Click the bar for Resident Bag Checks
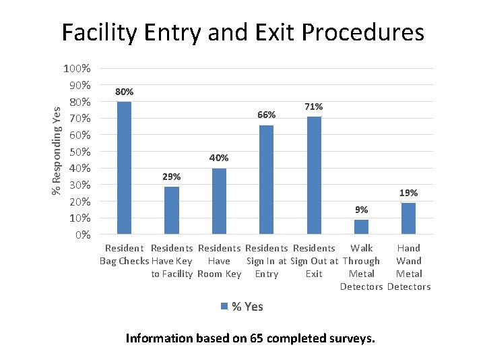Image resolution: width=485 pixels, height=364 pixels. point(124,167)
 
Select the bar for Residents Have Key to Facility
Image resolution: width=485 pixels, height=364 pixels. point(172,210)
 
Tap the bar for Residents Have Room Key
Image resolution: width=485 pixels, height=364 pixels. point(219,201)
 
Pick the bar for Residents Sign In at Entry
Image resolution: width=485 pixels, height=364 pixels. point(267,179)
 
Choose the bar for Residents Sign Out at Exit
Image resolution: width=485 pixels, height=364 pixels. point(314,175)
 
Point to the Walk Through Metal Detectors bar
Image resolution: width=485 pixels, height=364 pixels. point(362,226)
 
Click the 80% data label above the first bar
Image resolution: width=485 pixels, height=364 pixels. point(124,92)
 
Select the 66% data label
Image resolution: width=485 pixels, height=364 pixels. point(267,115)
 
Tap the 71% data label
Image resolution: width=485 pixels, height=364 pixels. point(314,107)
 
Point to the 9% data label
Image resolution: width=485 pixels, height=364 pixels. point(362,210)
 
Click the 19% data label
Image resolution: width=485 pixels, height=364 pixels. point(409,193)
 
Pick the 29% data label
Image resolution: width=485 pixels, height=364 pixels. point(172,177)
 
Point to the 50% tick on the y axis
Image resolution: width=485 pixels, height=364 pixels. point(79,152)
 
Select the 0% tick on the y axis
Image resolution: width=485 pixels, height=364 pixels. point(83,235)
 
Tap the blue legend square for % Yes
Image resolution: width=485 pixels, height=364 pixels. point(225,307)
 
